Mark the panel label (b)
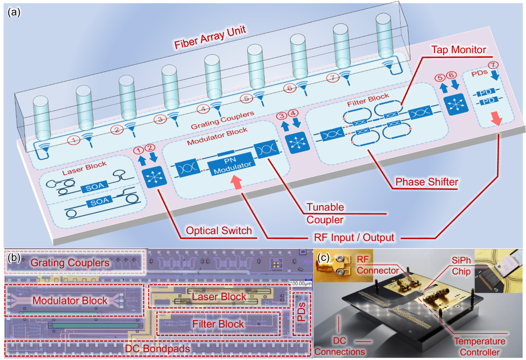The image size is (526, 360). click(14, 258)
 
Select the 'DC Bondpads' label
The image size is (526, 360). click(158, 349)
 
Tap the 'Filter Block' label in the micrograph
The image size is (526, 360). click(218, 324)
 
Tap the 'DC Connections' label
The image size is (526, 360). click(340, 346)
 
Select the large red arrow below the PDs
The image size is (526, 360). click(497, 118)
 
